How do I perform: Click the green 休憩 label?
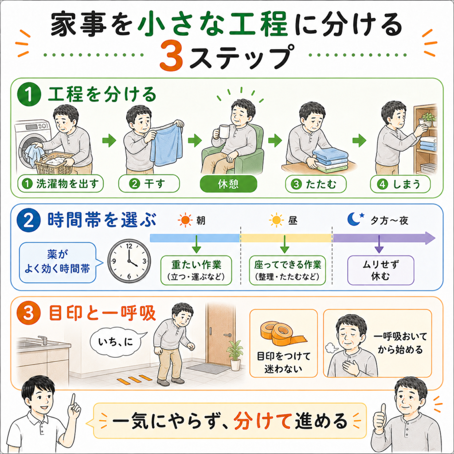tap(228, 184)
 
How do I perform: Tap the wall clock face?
tap(129, 261)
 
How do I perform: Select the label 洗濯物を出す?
tap(60, 184)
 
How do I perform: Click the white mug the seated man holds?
tap(224, 132)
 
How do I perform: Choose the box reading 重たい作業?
tap(196, 270)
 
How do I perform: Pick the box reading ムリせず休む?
tap(380, 270)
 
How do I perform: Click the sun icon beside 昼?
tap(276, 220)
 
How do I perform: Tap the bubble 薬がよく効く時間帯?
tap(58, 262)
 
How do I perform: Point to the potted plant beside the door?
tap(235, 355)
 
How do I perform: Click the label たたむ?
tap(316, 184)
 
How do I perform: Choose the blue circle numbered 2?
tap(28, 220)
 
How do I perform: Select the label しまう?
tap(400, 184)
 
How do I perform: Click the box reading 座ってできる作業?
tap(287, 270)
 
